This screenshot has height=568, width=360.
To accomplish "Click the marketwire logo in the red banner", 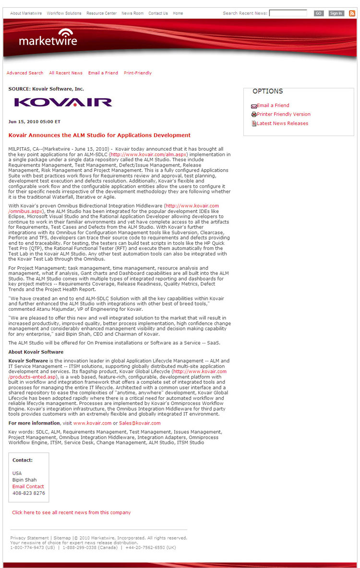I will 48,38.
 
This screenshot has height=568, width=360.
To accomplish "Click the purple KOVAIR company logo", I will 63,102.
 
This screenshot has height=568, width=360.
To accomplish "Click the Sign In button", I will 336,13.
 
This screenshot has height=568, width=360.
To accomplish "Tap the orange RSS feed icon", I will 352,13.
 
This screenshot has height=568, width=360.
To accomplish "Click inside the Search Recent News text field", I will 288,13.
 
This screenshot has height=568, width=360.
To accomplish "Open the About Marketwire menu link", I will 26,13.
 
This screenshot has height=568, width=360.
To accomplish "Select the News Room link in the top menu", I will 132,13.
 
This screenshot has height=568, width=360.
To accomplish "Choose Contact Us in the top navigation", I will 158,13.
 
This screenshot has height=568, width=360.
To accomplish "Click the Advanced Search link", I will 25,73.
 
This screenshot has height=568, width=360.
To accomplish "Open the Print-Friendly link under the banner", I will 138,73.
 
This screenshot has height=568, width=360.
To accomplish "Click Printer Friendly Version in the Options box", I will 284,114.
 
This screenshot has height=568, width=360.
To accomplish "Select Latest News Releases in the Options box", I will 282,123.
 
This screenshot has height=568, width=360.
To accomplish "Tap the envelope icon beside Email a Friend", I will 254,106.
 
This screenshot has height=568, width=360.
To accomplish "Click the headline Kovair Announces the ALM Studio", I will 99,135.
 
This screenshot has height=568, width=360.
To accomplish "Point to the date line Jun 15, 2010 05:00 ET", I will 35,121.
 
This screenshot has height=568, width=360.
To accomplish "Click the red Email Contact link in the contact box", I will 28,486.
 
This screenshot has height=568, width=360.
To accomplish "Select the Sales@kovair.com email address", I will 140,423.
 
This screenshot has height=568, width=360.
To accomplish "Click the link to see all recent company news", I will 72,512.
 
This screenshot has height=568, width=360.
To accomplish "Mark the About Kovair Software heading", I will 36,352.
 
